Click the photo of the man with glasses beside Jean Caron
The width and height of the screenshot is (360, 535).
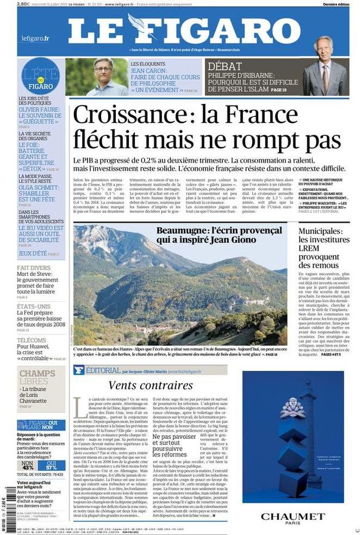click(x=96, y=77)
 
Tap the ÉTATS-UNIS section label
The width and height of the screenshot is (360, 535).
click(x=34, y=307)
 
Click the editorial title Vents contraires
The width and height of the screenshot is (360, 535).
click(x=150, y=385)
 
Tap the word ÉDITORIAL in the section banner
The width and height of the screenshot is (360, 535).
click(x=103, y=370)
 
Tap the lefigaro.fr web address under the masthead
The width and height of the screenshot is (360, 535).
click(x=35, y=38)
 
